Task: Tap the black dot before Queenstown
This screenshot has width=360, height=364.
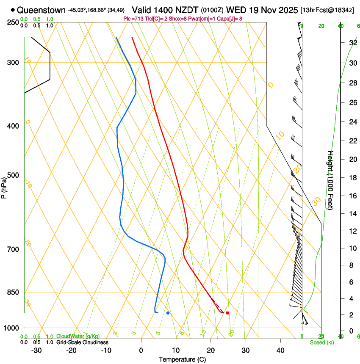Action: point(13,10)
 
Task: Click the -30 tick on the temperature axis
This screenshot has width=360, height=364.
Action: point(36,350)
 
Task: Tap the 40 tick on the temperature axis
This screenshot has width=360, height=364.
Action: point(280,350)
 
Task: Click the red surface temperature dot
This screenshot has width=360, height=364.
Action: point(227,313)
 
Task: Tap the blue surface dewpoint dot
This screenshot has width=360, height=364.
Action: point(168,313)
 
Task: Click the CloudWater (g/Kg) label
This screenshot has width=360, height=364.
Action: point(78,336)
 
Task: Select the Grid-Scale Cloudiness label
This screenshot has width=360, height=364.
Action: point(82,342)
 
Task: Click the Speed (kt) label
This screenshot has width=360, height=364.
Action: point(322,342)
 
